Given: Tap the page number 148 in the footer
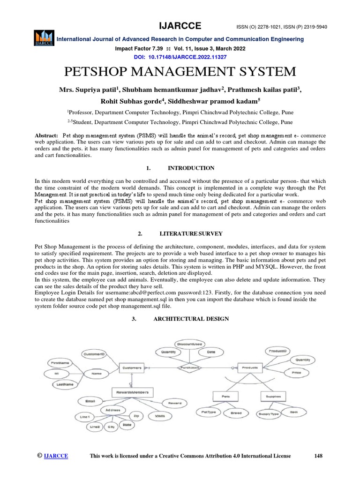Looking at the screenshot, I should click(318, 456).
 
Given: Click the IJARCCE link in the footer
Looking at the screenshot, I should click(56, 456).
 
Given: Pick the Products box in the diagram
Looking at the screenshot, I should click(249, 368).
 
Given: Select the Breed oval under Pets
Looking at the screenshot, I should click(236, 413).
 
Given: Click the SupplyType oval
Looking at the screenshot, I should click(268, 414).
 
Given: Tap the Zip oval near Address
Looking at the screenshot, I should click(136, 415).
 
